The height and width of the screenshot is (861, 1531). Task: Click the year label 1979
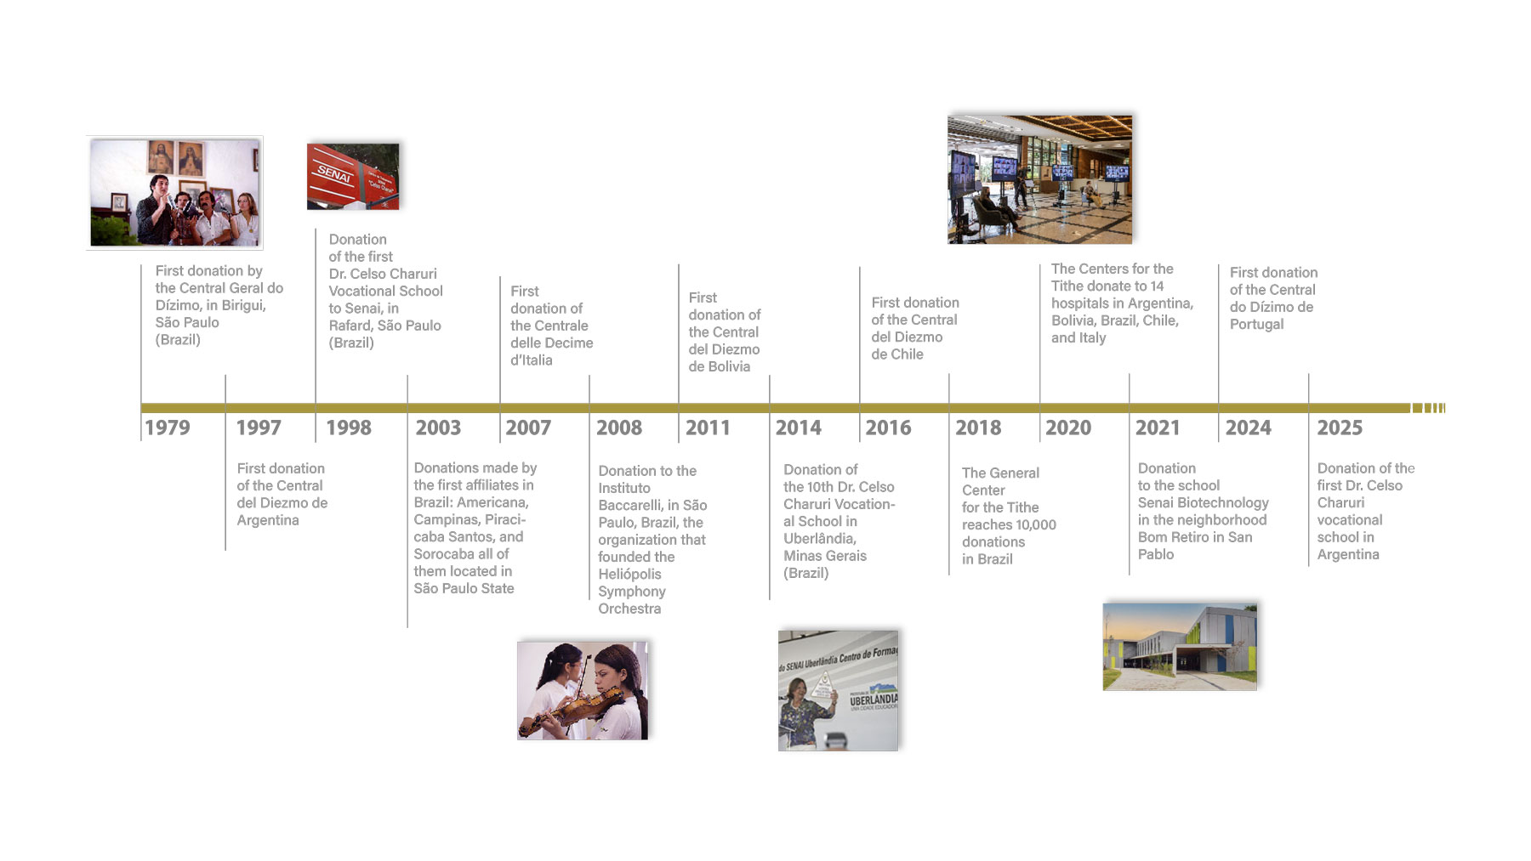[x=168, y=428]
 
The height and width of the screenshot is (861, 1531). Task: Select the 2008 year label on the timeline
[x=619, y=428]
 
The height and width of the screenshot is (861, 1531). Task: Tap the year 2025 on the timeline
[x=1340, y=428]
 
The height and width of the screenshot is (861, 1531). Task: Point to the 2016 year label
[x=888, y=428]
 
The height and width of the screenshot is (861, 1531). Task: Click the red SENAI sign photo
[x=353, y=176]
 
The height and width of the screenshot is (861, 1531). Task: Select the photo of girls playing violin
[x=583, y=690]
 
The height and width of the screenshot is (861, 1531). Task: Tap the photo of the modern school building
[x=1180, y=647]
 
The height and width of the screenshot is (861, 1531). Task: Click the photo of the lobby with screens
[x=1039, y=179]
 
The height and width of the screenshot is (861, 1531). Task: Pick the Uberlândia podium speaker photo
[x=838, y=690]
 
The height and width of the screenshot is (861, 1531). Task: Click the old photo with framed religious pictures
[x=174, y=193]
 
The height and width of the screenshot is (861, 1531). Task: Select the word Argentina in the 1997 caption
[x=268, y=520]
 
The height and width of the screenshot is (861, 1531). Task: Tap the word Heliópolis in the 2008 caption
[x=629, y=575]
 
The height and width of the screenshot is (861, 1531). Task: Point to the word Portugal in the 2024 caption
[x=1256, y=325]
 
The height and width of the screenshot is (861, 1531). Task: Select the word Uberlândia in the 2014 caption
[x=819, y=539]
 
